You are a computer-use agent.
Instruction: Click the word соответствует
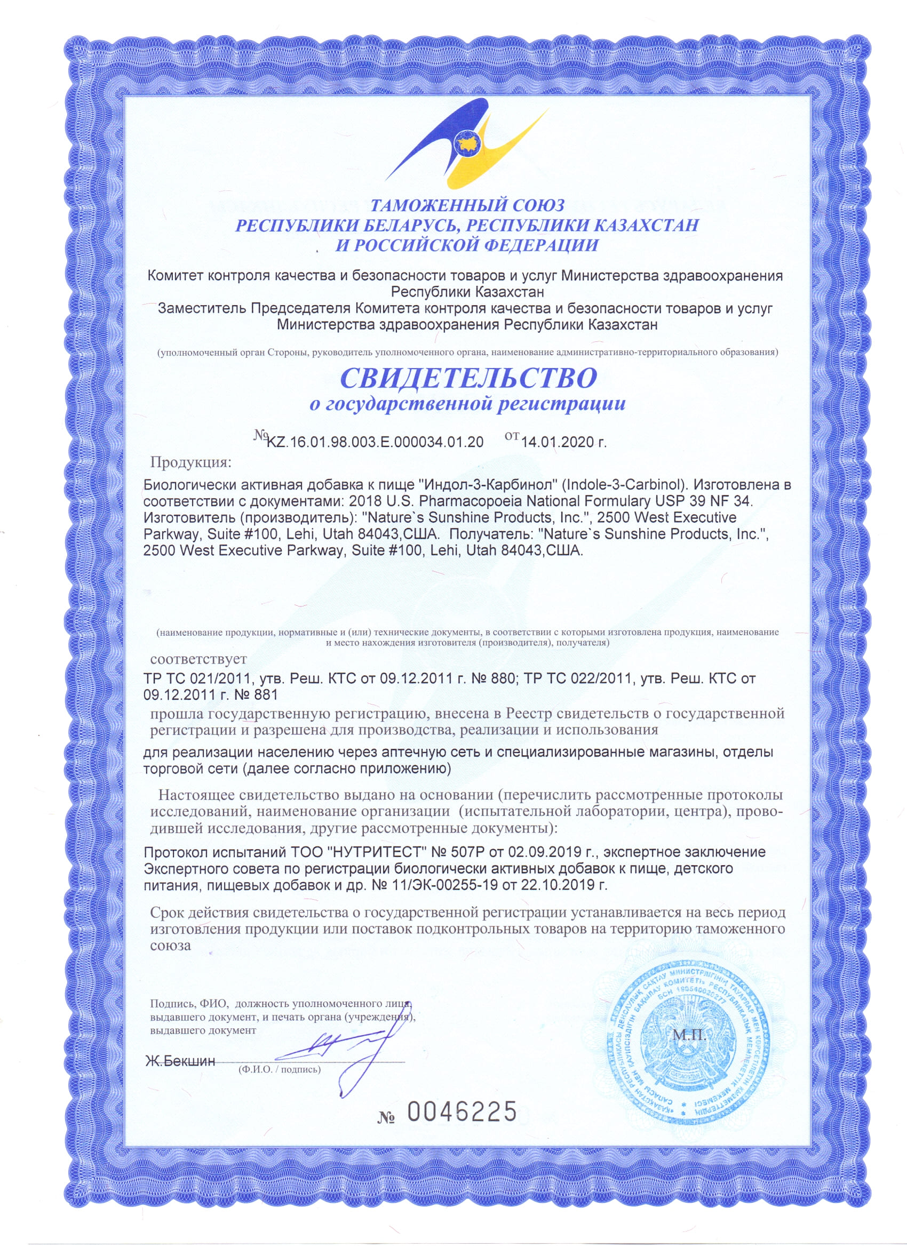coord(198,658)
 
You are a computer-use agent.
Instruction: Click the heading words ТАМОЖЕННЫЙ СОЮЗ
coord(467,205)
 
